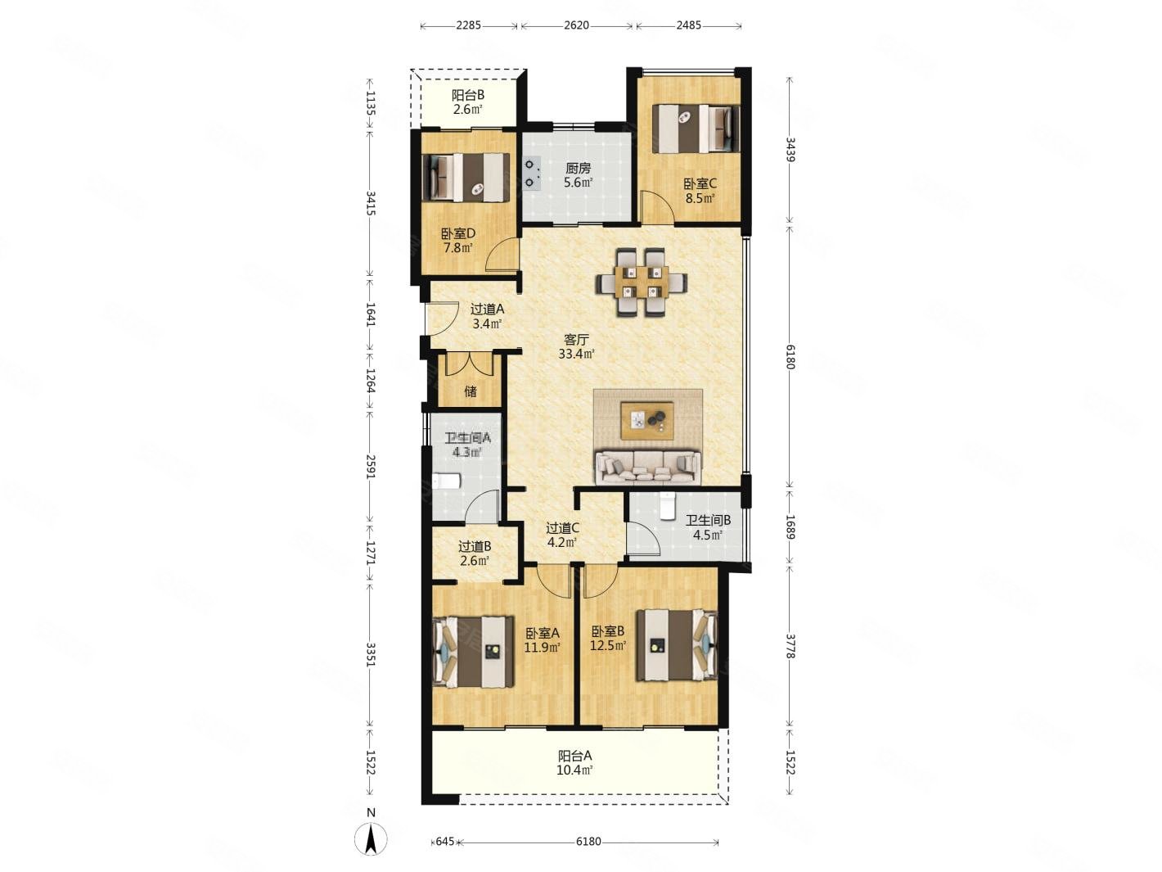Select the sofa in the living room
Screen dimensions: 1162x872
647,467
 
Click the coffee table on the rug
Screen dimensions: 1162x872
647,420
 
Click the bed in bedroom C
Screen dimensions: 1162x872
695,129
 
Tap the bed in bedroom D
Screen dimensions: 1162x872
466,178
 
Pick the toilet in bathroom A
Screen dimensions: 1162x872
446,481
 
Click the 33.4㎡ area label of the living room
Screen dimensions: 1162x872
576,355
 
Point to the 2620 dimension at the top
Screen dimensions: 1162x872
576,25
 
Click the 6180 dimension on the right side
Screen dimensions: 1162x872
790,356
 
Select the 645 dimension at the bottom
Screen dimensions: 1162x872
444,841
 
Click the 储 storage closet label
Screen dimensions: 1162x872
470,391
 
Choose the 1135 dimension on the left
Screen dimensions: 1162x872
370,103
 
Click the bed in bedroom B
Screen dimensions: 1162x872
677,645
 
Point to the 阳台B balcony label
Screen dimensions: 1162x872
467,95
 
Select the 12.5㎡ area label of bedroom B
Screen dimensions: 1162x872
608,646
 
